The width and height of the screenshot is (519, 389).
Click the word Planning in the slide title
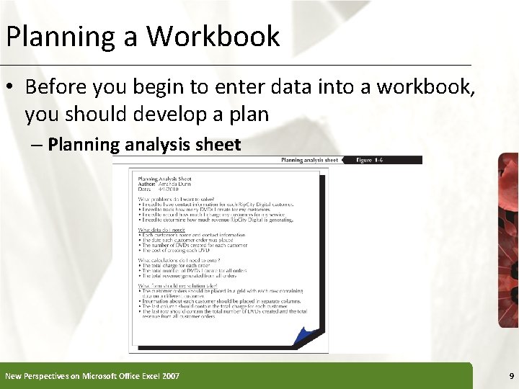tap(60, 36)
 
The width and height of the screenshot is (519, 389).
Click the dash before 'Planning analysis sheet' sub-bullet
tap(37, 145)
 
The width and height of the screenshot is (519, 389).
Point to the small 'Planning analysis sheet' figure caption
tap(309, 160)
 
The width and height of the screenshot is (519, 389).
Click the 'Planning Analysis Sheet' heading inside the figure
tap(164, 179)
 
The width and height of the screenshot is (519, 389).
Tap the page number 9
tap(511, 376)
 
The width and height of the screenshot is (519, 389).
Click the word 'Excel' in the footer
tap(141, 376)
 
